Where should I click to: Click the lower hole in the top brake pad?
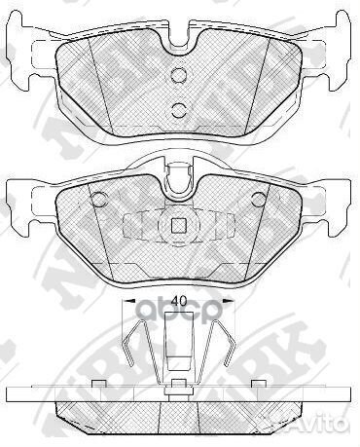[178, 109]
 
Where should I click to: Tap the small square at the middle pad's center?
[178, 228]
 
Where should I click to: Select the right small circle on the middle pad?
[258, 200]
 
